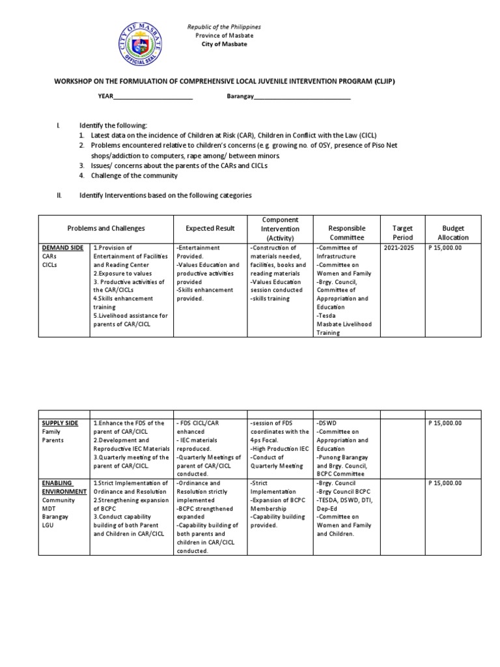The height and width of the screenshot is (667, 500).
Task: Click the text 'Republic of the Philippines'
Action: (x=224, y=27)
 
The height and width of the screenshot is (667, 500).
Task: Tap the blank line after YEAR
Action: (x=153, y=97)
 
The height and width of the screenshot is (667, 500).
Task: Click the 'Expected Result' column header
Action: (x=209, y=229)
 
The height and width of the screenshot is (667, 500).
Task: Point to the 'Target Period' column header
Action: (x=403, y=233)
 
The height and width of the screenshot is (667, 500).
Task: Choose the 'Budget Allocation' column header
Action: (x=454, y=233)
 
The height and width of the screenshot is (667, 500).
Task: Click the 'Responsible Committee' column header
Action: (x=347, y=233)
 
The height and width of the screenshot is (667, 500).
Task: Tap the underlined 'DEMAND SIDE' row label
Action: (x=62, y=248)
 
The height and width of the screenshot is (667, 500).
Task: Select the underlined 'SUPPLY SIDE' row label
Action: (x=60, y=423)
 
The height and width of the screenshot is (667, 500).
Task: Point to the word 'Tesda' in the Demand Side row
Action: (x=326, y=315)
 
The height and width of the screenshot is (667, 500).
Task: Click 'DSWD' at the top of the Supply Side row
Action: (x=327, y=423)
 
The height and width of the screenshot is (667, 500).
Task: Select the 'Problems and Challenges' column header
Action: (x=106, y=229)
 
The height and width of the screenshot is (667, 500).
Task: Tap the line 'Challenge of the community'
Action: (x=133, y=175)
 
